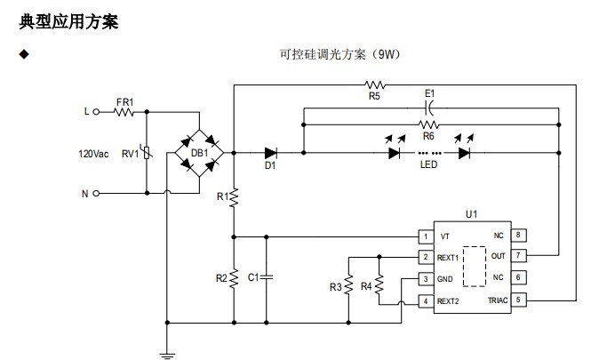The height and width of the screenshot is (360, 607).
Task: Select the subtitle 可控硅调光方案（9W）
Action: pyautogui.click(x=341, y=54)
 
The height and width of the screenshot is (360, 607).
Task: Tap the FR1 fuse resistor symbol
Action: pyautogui.click(x=124, y=113)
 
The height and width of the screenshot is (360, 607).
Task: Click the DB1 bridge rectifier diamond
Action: pyautogui.click(x=200, y=153)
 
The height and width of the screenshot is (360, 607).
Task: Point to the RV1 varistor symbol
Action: pyautogui.click(x=147, y=153)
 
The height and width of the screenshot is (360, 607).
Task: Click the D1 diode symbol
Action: pyautogui.click(x=269, y=153)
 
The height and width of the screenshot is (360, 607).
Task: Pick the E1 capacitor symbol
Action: pyautogui.click(x=428, y=107)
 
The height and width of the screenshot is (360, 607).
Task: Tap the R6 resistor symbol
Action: pyautogui.click(x=428, y=124)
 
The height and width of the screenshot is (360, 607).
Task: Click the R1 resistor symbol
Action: pyautogui.click(x=234, y=196)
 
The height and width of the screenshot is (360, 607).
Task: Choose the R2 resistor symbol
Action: pyautogui.click(x=234, y=278)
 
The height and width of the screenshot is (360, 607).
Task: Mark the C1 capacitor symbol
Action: pyautogui.click(x=266, y=278)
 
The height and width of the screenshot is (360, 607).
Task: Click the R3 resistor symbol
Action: pyautogui.click(x=349, y=286)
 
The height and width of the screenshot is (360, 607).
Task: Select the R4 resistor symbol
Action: pyautogui.click(x=379, y=285)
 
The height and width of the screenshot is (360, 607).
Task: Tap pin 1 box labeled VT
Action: pyautogui.click(x=426, y=236)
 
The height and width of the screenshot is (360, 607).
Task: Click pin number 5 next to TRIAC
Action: pyautogui.click(x=518, y=300)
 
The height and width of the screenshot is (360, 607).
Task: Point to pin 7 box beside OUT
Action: pyautogui.click(x=518, y=256)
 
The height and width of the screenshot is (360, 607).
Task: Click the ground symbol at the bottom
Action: pyautogui.click(x=166, y=353)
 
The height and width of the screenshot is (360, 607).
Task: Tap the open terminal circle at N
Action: pyautogui.click(x=95, y=193)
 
